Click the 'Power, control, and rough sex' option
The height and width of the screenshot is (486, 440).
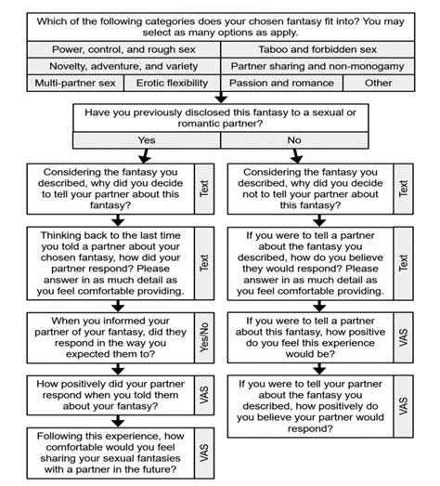pos(120,48)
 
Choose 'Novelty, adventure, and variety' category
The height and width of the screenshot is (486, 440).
pos(120,66)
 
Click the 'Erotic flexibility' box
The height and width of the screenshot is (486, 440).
pos(173,83)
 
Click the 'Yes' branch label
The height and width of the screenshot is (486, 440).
pos(147,139)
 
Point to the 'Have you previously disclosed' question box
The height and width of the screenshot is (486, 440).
pos(220,117)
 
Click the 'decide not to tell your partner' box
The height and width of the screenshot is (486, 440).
pos(307,188)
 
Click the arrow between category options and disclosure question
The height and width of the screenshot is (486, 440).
pos(220,96)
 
